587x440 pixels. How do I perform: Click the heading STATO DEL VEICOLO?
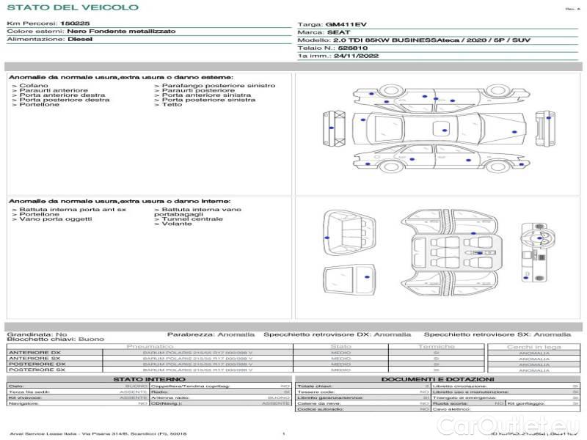[x=73, y=7]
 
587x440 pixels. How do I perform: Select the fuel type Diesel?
[x=80, y=40]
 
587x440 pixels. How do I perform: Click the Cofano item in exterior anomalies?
[x=30, y=86]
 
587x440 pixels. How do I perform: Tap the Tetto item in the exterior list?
[x=172, y=105]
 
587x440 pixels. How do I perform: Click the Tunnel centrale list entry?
[x=192, y=219]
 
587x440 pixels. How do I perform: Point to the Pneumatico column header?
[x=150, y=346]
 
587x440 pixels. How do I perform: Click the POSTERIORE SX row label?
[x=36, y=370]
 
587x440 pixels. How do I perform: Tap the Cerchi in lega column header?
[x=533, y=346]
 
